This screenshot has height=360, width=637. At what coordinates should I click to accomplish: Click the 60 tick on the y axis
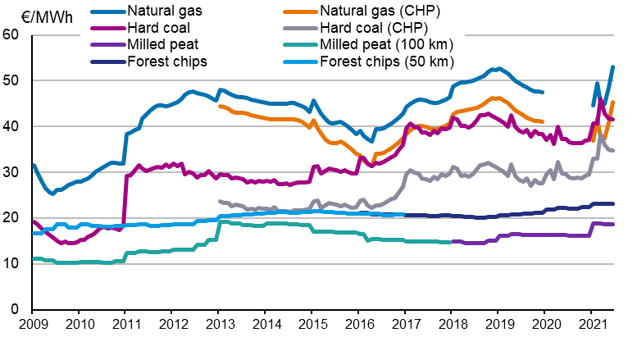11,34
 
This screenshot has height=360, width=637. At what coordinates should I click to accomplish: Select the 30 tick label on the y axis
11,172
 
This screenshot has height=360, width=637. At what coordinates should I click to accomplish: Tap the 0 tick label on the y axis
15,309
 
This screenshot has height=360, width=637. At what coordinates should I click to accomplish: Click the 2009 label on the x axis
32,326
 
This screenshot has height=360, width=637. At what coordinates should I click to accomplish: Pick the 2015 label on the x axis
312,326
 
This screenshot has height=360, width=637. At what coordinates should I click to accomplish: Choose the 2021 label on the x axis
591,326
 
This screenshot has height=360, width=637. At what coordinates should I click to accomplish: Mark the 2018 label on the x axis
452,326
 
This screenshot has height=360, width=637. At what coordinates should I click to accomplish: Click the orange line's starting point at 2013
219,105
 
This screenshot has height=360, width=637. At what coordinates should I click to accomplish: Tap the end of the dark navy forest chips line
613,203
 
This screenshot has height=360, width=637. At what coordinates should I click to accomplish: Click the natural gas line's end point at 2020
543,92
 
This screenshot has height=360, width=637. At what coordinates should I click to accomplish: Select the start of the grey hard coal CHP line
219,201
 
